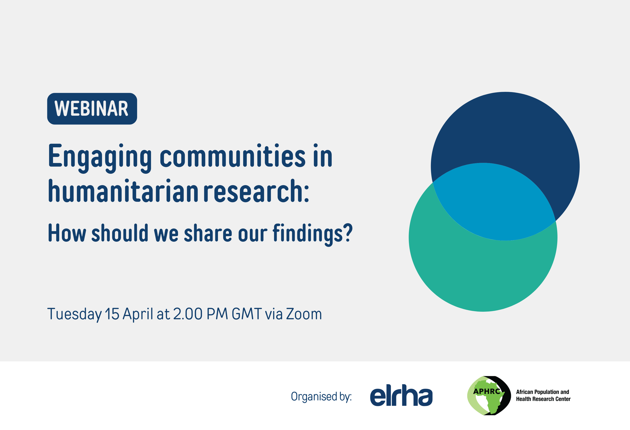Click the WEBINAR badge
click(x=92, y=109)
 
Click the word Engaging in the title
click(x=100, y=158)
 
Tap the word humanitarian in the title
click(x=123, y=190)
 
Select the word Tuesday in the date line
click(x=75, y=314)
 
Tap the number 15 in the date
click(x=112, y=314)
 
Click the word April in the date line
click(x=138, y=314)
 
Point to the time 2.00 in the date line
click(x=188, y=314)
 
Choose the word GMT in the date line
click(x=247, y=314)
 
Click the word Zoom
click(x=304, y=314)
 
